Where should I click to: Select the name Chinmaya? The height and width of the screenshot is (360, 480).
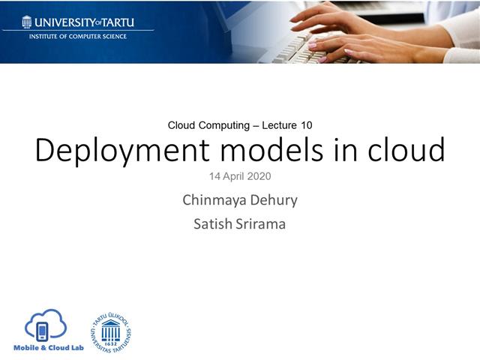click(x=212, y=200)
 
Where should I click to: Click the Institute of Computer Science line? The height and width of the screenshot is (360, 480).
click(x=78, y=36)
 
